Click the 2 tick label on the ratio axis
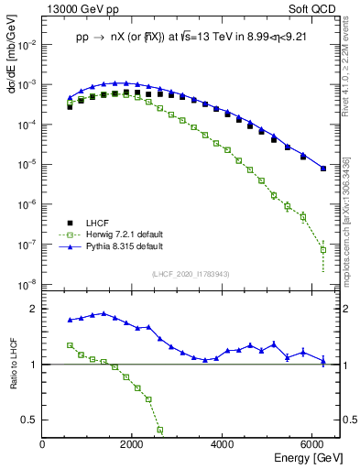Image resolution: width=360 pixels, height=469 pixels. point(34,310)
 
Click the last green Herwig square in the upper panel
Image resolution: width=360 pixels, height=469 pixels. point(323,249)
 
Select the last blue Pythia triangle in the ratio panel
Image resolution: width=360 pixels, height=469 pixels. point(323,360)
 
